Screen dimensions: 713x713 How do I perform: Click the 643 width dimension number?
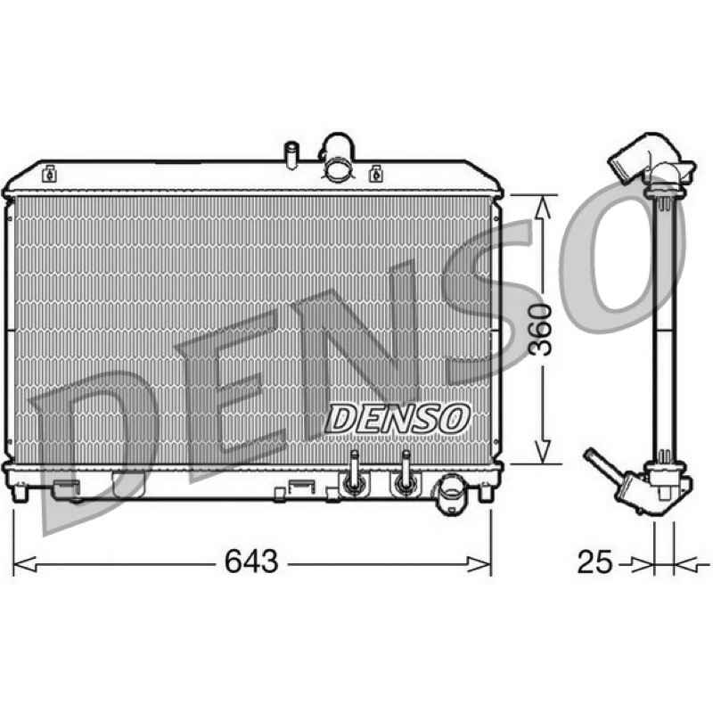(251, 561)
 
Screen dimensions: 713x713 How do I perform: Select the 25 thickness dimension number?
(595, 562)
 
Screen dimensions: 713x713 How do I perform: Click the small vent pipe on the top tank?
(291, 155)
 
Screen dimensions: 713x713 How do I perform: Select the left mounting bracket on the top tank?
(49, 173)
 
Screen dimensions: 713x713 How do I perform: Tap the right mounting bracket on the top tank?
(375, 173)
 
